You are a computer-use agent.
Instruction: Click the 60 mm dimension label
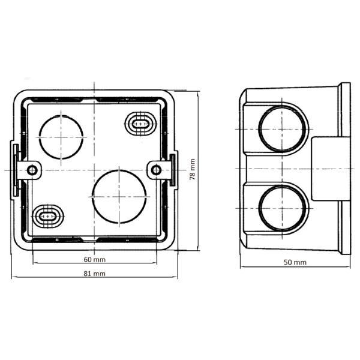[x=94, y=260]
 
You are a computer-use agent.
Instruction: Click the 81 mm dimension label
[x=94, y=274]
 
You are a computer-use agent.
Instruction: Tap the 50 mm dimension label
[x=296, y=262]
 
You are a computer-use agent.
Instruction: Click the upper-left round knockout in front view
[x=61, y=136]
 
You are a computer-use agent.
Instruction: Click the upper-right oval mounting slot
[x=139, y=124]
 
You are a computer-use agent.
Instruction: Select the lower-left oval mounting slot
[x=46, y=215]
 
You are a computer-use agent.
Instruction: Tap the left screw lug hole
[x=32, y=170]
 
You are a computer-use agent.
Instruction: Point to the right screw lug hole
[x=156, y=170]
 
